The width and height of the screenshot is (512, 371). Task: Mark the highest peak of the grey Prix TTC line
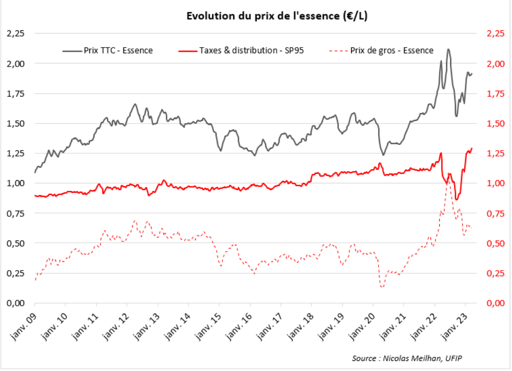coord(448,49)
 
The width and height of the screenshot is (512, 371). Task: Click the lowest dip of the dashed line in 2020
coord(382,287)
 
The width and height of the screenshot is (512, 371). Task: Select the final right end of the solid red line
coord(472,148)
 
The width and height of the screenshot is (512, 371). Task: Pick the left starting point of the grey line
coord(35,172)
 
